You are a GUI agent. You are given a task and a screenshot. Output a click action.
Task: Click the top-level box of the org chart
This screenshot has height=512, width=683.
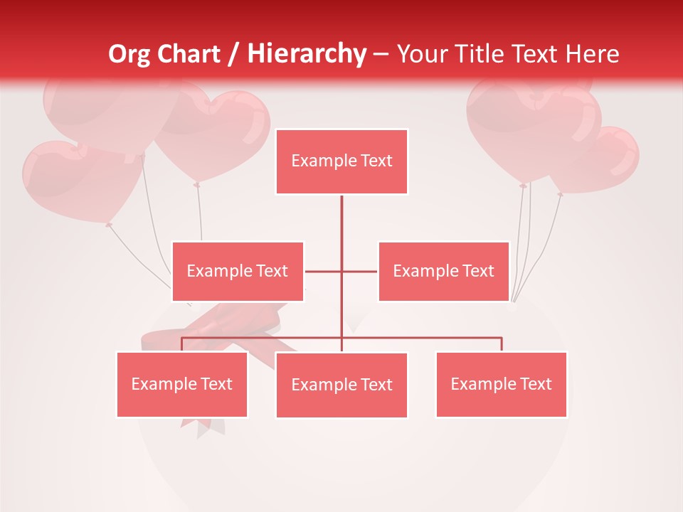tap(341, 161)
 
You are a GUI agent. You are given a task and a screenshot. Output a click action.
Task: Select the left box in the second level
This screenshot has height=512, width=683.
tap(238, 271)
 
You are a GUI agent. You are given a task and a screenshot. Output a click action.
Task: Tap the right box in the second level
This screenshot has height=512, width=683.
tap(443, 271)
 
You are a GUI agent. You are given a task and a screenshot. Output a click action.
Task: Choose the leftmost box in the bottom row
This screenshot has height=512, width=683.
tap(182, 384)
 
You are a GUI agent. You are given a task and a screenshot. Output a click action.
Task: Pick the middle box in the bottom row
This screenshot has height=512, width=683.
tap(341, 385)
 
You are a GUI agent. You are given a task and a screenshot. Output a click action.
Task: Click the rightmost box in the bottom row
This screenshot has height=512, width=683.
tap(501, 384)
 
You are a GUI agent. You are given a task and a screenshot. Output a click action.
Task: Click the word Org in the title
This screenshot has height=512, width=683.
tap(129, 54)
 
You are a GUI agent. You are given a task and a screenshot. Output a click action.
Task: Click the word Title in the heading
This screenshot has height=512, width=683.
tap(484, 54)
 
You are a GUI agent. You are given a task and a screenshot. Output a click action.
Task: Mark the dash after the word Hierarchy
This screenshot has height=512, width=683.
tap(381, 55)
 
